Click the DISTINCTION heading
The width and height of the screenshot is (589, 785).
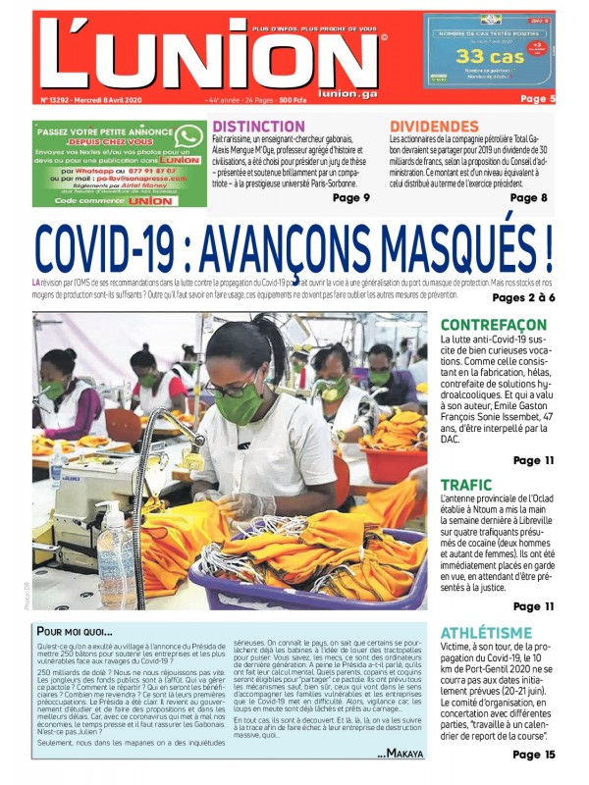258,127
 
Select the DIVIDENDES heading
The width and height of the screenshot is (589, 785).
434,127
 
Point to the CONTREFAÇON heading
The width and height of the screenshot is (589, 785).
493,325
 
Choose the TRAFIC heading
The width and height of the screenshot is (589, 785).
465,485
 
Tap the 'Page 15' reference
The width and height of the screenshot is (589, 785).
533,755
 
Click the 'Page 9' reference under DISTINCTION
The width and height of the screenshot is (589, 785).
351,197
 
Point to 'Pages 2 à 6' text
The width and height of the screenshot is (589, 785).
523,297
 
